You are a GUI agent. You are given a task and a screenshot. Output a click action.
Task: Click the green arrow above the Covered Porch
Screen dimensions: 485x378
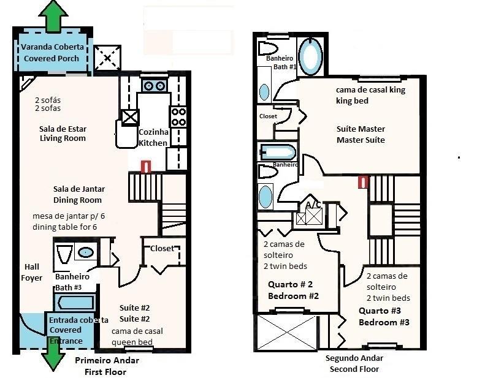[x=53, y=16]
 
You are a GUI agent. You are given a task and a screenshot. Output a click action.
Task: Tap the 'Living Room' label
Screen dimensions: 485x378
[x=63, y=138]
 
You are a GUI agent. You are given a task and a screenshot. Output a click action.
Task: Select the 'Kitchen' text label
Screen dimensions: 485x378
[x=153, y=143]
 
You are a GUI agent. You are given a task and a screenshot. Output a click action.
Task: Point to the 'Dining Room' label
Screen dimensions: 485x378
[x=77, y=200]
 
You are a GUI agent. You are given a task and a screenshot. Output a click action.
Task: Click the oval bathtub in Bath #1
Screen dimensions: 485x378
[x=311, y=56]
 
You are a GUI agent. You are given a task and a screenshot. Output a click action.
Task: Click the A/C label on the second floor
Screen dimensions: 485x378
[x=313, y=205]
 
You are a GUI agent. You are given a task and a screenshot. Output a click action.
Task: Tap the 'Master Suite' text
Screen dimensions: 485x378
[x=361, y=140]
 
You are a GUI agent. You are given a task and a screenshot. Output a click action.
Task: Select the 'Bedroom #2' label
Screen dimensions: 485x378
[x=293, y=296]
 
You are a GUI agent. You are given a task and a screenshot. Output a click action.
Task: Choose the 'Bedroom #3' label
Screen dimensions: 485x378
[x=384, y=322]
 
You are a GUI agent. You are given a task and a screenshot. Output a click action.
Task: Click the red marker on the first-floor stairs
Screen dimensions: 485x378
[x=146, y=167]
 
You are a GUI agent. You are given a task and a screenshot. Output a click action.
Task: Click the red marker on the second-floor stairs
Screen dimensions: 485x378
[x=363, y=182]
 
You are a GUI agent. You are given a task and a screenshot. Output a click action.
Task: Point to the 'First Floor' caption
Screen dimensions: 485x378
[x=105, y=372]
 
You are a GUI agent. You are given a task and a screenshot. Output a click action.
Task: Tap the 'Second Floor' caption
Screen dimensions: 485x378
[x=354, y=369]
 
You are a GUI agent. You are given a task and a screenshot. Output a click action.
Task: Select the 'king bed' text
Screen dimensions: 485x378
[x=352, y=100]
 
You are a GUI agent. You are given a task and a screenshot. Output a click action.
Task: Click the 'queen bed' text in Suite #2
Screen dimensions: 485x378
[x=132, y=342]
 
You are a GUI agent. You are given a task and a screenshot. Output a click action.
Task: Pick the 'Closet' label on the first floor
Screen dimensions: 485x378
[x=162, y=249]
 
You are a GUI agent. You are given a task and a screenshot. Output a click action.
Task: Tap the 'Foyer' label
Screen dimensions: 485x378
[x=31, y=278]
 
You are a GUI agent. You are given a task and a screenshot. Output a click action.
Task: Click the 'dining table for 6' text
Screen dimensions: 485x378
[x=64, y=227]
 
